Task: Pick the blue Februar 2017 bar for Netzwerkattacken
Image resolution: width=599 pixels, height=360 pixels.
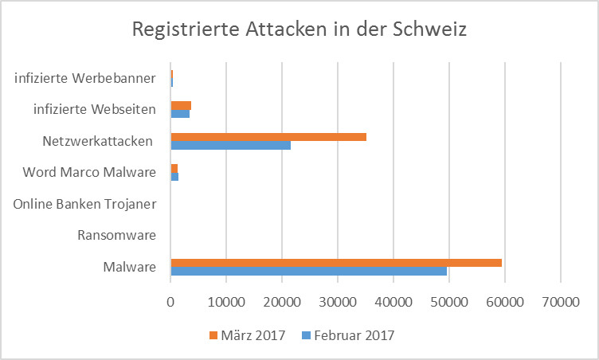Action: coord(231,145)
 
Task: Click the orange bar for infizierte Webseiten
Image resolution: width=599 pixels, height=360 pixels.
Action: coord(181,105)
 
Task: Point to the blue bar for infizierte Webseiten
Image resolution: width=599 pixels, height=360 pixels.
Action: coord(180,114)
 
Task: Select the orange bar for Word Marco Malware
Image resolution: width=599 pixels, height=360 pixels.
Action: coord(174,167)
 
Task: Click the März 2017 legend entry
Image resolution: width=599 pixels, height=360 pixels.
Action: coord(242,335)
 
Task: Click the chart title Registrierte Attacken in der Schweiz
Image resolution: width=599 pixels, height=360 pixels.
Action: coord(299,30)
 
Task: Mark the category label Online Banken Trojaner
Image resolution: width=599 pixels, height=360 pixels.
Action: coord(84,204)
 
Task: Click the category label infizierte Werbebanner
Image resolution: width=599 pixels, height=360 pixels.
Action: coord(85,78)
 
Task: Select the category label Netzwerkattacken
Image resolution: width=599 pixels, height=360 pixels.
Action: coord(98,141)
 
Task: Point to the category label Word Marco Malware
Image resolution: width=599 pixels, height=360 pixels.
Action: coord(89,172)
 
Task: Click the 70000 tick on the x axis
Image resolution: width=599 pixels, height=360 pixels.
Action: coord(561,303)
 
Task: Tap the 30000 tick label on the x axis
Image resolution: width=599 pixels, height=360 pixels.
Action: coord(338,303)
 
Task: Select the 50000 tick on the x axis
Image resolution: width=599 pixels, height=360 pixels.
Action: coord(449,303)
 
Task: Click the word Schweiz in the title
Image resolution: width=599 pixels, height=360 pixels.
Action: coord(430,30)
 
